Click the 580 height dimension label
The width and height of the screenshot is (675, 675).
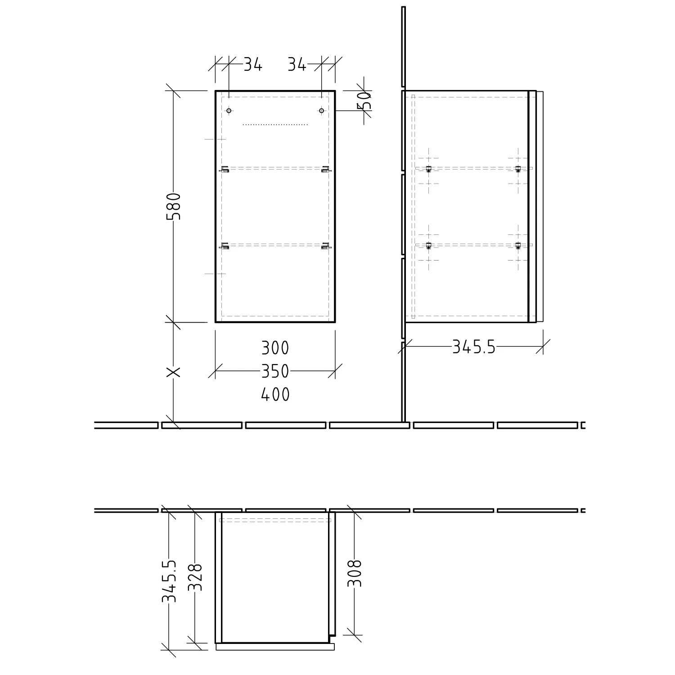click(x=174, y=206)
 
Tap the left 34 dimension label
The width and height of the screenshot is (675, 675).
click(x=253, y=66)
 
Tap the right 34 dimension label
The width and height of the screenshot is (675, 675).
click(x=297, y=66)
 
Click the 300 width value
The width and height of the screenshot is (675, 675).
click(x=275, y=348)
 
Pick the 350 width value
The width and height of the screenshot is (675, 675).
click(x=275, y=371)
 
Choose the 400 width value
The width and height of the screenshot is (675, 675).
click(x=275, y=395)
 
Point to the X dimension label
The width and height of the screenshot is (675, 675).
click(x=174, y=372)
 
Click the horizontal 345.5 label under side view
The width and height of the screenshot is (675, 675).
click(x=474, y=347)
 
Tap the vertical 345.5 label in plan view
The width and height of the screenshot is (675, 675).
click(x=169, y=581)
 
